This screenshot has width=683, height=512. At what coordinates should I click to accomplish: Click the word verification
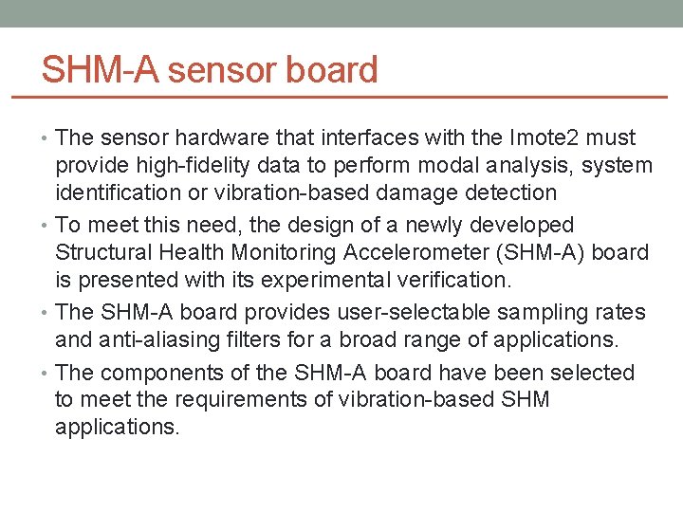click(x=451, y=281)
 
